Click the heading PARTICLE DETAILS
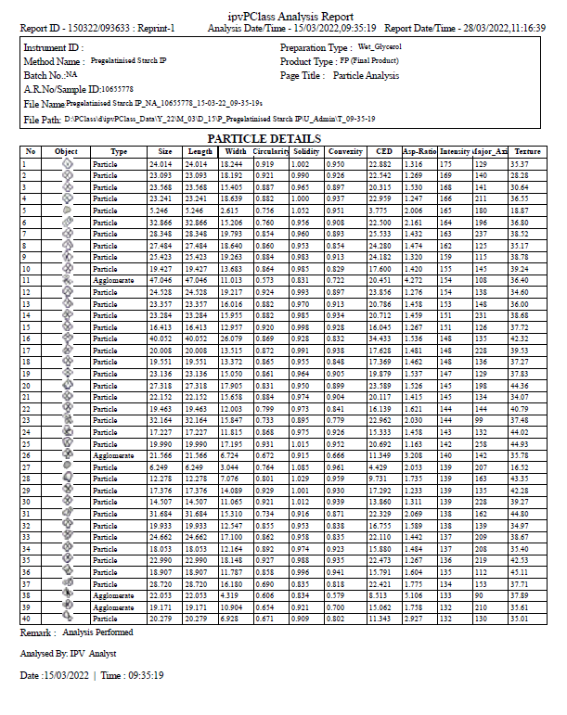[x=283, y=138]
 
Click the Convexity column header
[x=345, y=151]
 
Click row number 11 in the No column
[x=29, y=279]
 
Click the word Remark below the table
[x=36, y=632]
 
